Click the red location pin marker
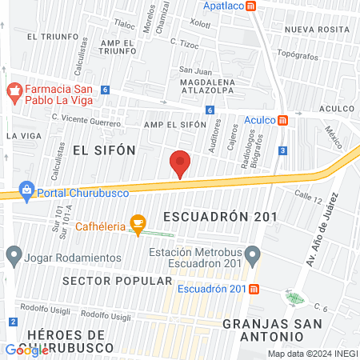tap(180, 163)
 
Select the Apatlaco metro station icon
tap(251, 6)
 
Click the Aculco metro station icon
tap(282, 121)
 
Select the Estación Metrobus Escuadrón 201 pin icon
tap(253, 257)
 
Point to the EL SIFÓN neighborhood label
tap(104, 150)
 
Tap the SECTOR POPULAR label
tap(117, 281)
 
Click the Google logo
tap(26, 350)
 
